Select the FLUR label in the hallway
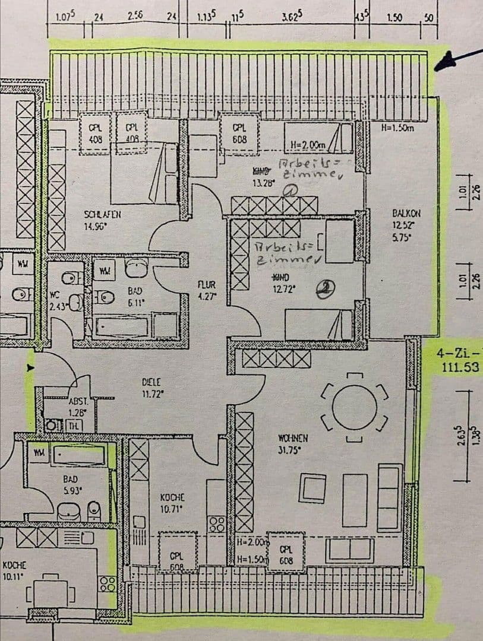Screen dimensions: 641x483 tap(206, 284)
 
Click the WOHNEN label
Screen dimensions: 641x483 tap(292, 438)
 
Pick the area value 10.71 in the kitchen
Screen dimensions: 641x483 tap(172, 508)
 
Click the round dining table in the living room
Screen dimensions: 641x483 tap(354, 407)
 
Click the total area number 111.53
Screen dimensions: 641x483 tap(460, 368)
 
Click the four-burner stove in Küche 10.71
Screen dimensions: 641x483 tap(216, 524)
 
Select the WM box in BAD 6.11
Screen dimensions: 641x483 tap(105, 271)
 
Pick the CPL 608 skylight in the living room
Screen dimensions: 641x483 tap(286, 554)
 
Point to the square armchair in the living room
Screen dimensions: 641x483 tap(312, 488)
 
